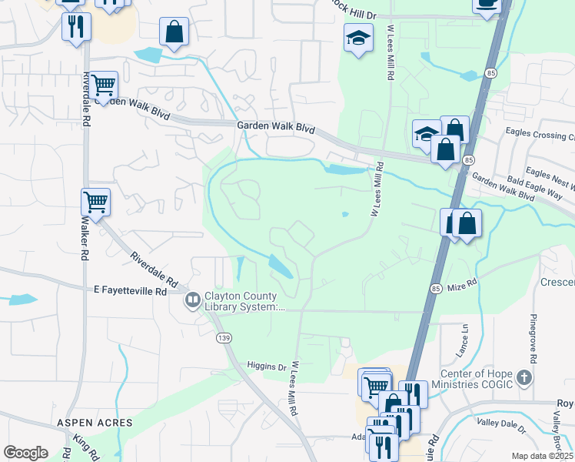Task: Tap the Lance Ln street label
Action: pos(464,335)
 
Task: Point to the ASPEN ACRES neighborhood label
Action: pos(94,423)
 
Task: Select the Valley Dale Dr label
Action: pos(501,425)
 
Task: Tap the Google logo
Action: pos(25,453)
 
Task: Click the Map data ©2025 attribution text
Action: pos(543,456)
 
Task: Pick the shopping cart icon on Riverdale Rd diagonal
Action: pos(95,202)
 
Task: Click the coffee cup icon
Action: pos(487,4)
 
